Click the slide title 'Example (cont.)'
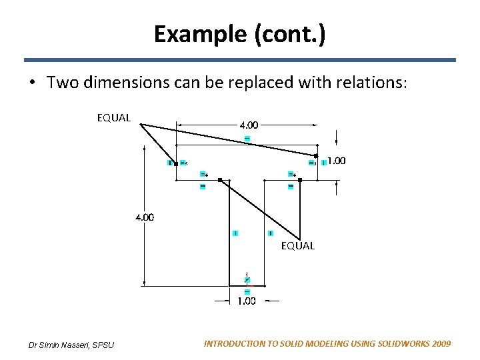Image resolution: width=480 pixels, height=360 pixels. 240,33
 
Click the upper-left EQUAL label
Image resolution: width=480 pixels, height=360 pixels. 114,118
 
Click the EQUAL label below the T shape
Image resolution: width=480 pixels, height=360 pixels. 297,246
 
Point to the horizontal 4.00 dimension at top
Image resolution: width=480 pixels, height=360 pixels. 249,125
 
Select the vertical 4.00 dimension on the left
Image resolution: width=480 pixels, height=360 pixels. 145,217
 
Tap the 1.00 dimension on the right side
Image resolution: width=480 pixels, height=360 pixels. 336,161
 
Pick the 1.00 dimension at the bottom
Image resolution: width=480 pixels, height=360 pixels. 246,301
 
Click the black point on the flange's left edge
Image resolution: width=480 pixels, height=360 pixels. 176,162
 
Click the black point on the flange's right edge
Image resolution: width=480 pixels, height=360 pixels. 317,156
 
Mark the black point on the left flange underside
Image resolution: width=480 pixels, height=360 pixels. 219,179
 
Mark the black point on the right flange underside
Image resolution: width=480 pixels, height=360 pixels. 300,179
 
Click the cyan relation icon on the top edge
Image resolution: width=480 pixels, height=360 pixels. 247,138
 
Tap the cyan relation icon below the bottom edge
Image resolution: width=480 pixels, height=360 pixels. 247,291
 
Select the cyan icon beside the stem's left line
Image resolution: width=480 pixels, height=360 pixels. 235,233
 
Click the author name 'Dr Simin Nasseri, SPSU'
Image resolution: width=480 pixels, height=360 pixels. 71,345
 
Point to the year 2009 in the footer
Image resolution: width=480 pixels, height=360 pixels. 441,344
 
